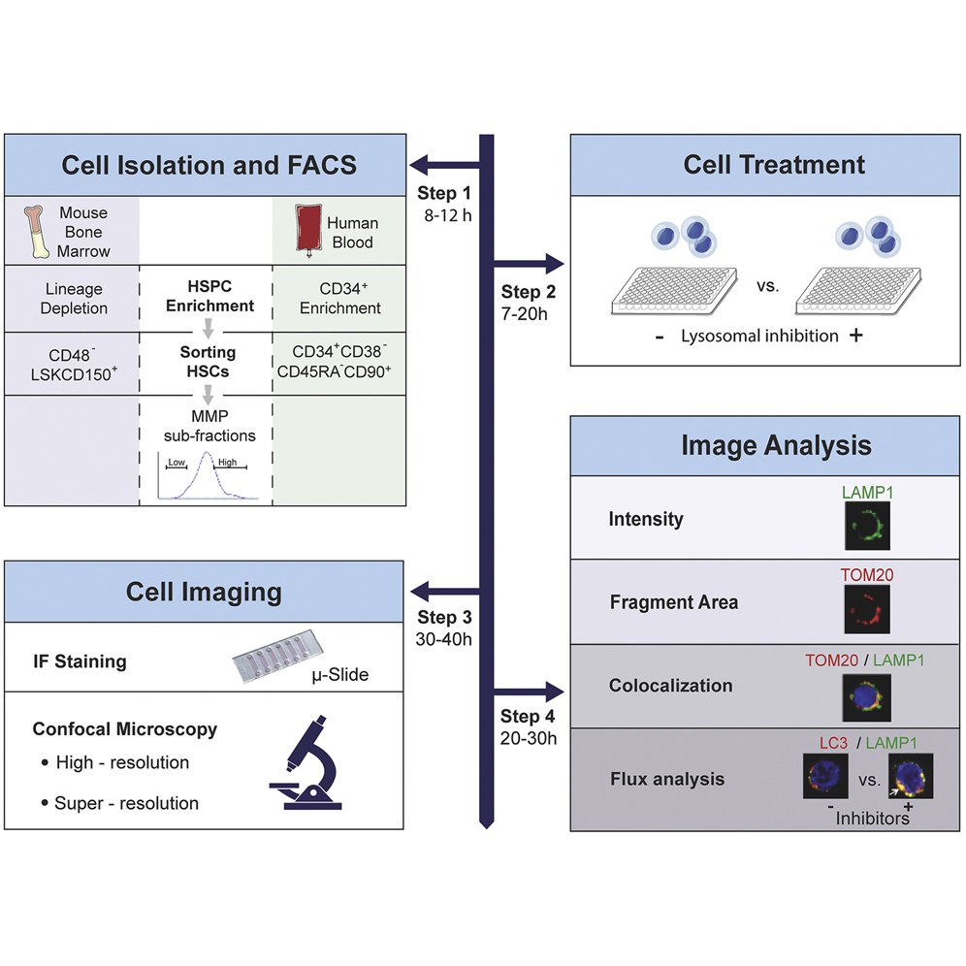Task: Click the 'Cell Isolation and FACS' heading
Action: (x=209, y=164)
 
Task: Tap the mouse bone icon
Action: (x=39, y=231)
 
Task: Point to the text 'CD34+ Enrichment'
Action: (x=339, y=298)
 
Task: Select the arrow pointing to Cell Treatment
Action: (x=529, y=262)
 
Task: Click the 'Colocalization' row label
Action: (x=670, y=685)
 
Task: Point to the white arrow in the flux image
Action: (x=896, y=791)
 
